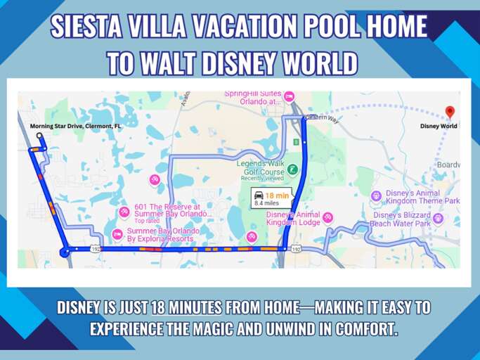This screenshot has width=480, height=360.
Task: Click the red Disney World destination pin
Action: pyautogui.click(x=450, y=112)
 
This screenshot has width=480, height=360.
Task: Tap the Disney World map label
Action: pyautogui.click(x=439, y=127)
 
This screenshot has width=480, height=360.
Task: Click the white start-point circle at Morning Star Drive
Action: pyautogui.click(x=39, y=136)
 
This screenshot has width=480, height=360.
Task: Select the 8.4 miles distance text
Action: pyautogui.click(x=268, y=203)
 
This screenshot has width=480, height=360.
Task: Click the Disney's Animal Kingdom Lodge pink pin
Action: pyautogui.click(x=327, y=217)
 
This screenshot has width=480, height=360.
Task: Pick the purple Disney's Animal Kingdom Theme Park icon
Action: pyautogui.click(x=375, y=195)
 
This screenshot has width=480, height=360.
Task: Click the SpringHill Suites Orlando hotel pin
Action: pyautogui.click(x=288, y=96)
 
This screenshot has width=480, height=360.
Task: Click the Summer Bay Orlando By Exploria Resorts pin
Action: pyautogui.click(x=117, y=234)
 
